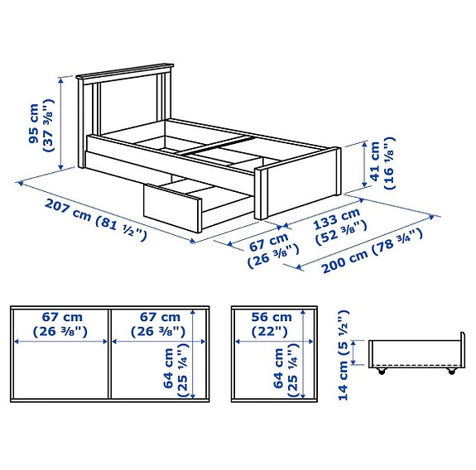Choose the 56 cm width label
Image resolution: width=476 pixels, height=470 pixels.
(x=272, y=317)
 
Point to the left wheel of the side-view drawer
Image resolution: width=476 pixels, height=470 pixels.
(x=382, y=372)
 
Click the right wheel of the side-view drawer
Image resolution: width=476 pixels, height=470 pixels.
(x=451, y=372)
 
